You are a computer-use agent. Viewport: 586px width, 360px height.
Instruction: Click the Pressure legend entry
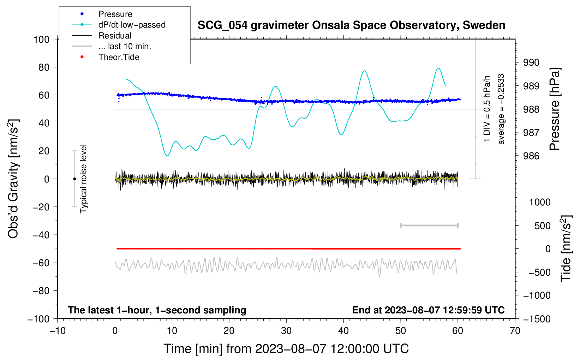115,14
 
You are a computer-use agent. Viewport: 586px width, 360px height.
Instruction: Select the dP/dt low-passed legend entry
132,25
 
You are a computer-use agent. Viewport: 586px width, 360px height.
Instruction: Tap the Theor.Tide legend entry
119,57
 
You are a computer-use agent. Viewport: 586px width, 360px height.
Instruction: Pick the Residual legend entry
115,36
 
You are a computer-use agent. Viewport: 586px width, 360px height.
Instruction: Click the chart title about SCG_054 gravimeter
351,25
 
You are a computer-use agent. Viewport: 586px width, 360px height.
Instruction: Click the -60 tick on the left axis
41,263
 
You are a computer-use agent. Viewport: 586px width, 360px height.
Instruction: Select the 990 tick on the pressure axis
531,62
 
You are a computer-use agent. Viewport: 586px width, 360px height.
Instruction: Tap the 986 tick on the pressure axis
531,156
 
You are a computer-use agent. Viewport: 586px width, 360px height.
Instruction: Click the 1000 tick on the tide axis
540,202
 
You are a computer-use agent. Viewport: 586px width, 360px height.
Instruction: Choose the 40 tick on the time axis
343,331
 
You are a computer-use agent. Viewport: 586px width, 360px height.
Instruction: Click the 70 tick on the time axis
515,331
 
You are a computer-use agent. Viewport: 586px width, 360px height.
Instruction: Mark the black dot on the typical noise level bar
74,179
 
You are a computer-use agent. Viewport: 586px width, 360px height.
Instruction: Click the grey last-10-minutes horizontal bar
429,226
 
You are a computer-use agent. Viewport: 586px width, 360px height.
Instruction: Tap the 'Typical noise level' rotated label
83,179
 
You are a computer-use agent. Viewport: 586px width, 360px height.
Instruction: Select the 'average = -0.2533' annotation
501,109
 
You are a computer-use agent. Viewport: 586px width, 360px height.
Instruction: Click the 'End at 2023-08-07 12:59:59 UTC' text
428,310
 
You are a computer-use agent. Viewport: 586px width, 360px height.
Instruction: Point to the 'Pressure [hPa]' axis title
555,109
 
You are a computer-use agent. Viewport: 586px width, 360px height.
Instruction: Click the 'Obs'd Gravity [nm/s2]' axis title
13,179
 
